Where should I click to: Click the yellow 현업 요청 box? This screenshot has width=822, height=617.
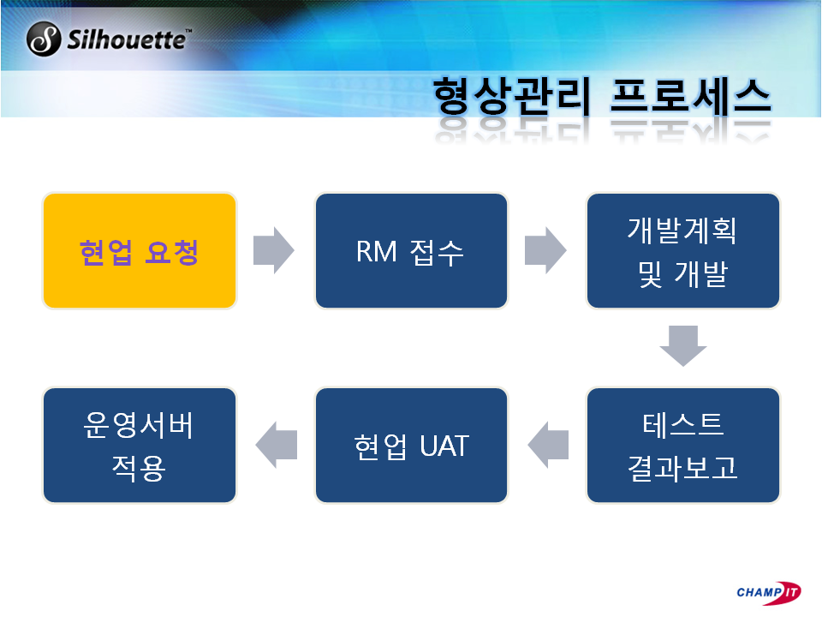[140, 251]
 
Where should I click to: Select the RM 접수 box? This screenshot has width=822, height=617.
[411, 251]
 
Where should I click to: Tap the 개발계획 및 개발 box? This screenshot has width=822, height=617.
[683, 251]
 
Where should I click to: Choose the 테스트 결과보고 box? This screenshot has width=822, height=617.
[683, 445]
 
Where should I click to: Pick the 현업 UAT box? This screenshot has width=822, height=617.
[411, 445]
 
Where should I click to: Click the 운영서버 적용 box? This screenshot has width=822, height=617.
[140, 445]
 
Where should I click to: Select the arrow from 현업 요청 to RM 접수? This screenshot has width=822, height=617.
[274, 250]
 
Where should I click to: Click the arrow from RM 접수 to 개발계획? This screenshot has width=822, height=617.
[545, 250]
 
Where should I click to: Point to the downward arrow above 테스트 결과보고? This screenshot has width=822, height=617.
[683, 345]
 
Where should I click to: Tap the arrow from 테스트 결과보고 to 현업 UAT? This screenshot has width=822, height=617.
[548, 445]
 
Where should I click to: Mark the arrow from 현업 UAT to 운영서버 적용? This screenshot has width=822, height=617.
[277, 445]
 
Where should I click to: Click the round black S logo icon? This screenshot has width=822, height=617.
[44, 39]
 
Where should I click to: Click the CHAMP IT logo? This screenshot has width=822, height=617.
[769, 593]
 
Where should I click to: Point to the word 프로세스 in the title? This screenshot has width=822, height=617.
[690, 96]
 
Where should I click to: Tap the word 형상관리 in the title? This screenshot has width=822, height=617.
[512, 96]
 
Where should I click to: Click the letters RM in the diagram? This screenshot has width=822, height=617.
[377, 251]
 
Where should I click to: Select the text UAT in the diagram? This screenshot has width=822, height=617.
[444, 446]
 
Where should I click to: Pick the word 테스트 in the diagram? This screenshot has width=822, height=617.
[683, 424]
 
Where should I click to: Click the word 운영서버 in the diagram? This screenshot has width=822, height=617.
[139, 424]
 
